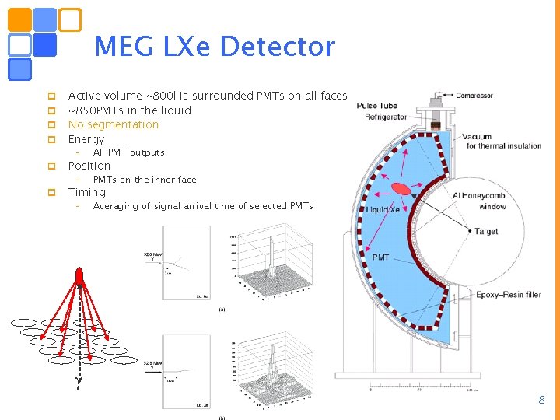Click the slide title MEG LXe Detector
coord(214,47)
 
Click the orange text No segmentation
coord(113,124)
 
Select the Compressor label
coord(474,96)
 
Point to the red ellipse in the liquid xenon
coord(401,189)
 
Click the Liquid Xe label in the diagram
coord(383,210)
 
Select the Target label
coord(486,232)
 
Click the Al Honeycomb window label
coord(479,201)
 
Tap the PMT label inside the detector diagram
coord(381,257)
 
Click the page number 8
coord(542,400)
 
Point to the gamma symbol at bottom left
coord(77,380)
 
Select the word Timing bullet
coord(87,192)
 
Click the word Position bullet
coord(89,166)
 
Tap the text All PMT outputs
coord(128,152)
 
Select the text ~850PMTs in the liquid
coord(129,110)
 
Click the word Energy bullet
coord(86,139)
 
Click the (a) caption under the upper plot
coord(222,309)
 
